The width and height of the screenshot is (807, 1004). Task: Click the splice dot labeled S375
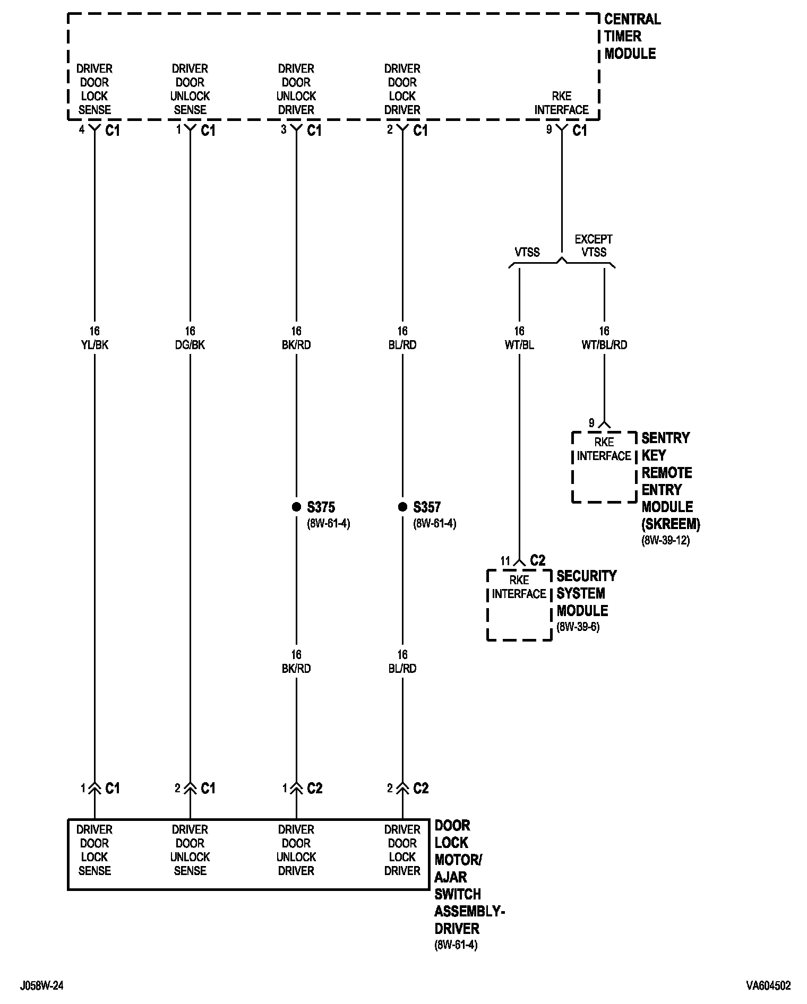click(296, 507)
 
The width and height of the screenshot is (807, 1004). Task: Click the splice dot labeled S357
click(402, 507)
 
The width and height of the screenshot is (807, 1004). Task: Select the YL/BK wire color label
click(95, 345)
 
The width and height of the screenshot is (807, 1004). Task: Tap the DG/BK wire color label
click(190, 345)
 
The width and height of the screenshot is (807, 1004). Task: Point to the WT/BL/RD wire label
click(604, 345)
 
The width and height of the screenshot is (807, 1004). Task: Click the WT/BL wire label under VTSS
click(519, 345)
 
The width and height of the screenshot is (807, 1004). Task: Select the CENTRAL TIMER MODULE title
click(632, 37)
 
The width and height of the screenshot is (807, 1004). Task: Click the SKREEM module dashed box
click(604, 467)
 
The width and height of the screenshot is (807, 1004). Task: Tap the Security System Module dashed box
click(519, 605)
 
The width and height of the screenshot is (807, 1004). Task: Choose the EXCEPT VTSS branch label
click(594, 246)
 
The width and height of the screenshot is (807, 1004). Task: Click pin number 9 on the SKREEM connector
click(591, 423)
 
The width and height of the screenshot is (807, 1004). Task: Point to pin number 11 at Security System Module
click(505, 561)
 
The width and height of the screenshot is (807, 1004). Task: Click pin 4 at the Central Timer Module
click(82, 129)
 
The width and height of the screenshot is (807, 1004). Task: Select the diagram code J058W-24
click(42, 986)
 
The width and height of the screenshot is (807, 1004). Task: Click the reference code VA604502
click(768, 986)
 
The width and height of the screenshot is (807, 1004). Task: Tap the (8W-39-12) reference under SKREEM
click(666, 541)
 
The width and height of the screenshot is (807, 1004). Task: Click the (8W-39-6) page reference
click(578, 627)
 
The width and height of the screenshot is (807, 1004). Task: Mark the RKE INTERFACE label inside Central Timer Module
click(561, 103)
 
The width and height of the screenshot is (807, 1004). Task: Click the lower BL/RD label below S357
click(402, 669)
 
